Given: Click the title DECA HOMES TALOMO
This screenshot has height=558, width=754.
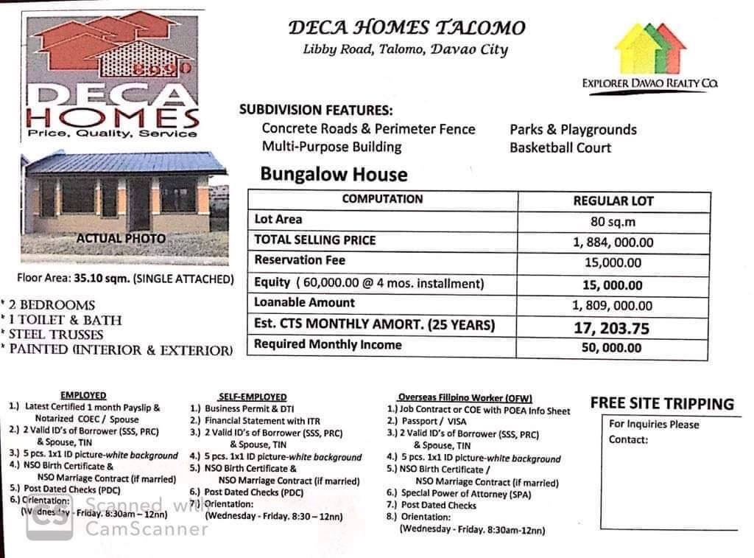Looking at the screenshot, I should [x=406, y=28].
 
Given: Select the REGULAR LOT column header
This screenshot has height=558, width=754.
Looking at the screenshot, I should [x=613, y=200].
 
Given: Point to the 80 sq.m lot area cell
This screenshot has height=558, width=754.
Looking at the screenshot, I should [x=613, y=220].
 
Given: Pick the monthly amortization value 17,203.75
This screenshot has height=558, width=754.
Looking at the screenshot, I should [x=613, y=327].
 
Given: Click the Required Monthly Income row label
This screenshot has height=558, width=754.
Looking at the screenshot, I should [x=328, y=344].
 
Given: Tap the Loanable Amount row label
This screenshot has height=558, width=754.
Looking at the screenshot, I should [x=304, y=302].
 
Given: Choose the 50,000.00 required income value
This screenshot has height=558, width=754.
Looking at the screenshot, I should [x=611, y=348].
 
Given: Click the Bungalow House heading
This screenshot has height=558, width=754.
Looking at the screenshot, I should [x=334, y=175].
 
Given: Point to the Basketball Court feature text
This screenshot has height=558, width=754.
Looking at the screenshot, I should [x=560, y=147].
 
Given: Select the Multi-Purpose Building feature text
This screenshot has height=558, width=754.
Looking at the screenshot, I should [x=332, y=147].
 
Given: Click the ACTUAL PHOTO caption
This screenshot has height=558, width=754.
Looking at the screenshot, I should [x=121, y=239].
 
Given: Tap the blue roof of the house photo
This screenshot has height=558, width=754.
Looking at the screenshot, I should [x=125, y=163].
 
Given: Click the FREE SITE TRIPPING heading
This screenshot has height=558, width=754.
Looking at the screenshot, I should [x=662, y=403].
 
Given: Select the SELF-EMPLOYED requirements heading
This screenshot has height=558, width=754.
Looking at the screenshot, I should [x=253, y=397].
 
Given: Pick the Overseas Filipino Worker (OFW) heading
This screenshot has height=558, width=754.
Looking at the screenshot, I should [x=465, y=397].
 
